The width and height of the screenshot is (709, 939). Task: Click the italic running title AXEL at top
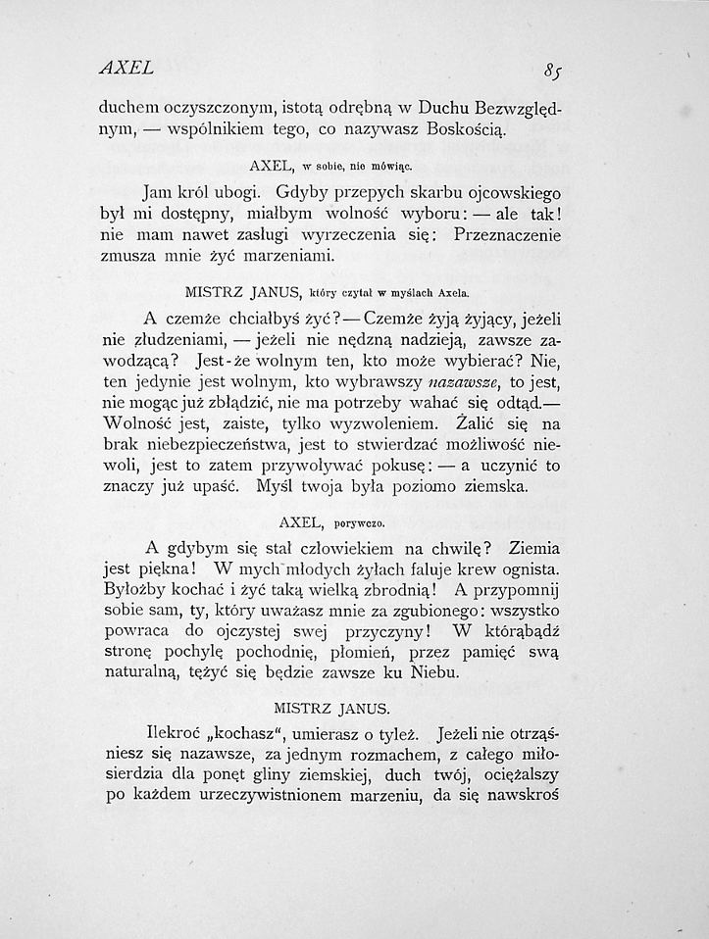click(127, 68)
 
